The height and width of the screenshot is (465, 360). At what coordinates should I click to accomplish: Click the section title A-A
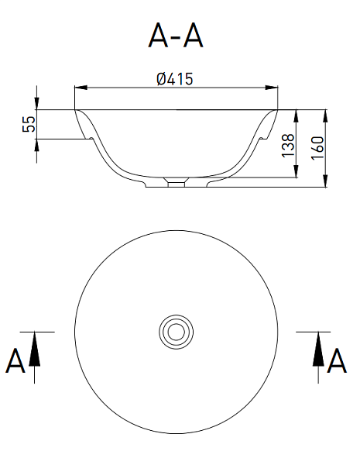176,36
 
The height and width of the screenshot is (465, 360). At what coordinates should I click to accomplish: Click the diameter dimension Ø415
175,79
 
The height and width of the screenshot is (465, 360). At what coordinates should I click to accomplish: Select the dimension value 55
29,124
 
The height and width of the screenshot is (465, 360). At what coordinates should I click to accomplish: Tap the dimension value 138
288,146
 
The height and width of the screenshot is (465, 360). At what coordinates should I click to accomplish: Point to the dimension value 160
317,148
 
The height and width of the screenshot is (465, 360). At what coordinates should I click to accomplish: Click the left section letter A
15,360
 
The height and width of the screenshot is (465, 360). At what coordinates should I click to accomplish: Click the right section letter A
337,360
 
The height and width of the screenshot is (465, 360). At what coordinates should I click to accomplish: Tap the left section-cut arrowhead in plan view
34,349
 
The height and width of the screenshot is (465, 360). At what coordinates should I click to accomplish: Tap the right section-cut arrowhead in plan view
318,349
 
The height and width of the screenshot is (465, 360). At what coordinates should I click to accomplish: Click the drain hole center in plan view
177,332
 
